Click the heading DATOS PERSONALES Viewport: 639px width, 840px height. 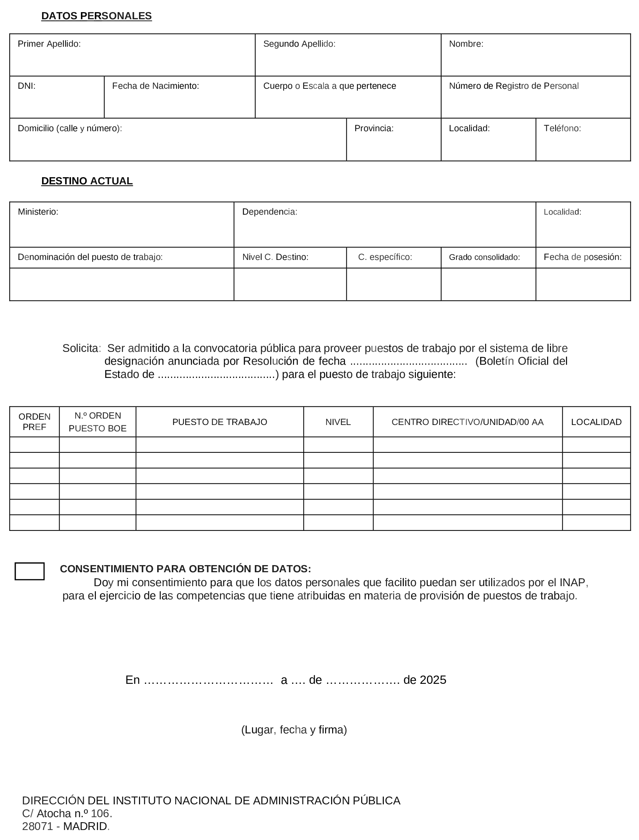96,16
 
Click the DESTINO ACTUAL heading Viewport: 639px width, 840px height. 87,181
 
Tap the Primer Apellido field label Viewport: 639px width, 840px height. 49,44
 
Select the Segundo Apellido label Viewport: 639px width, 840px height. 299,44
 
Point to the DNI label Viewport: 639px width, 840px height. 27,86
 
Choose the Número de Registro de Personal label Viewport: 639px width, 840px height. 514,86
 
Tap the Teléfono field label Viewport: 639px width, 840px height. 562,128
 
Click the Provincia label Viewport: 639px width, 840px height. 373,128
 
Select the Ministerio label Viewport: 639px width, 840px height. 38,212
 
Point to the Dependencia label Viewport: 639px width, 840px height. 269,212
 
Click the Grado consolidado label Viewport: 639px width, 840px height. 484,257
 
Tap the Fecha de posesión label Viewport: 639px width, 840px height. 582,257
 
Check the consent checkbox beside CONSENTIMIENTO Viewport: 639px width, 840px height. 30,571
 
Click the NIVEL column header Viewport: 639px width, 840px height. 338,422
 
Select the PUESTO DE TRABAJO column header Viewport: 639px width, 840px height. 220,422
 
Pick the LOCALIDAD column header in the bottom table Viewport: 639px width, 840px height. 596,422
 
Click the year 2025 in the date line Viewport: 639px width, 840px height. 433,680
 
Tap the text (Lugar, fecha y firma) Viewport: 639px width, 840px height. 294,730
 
